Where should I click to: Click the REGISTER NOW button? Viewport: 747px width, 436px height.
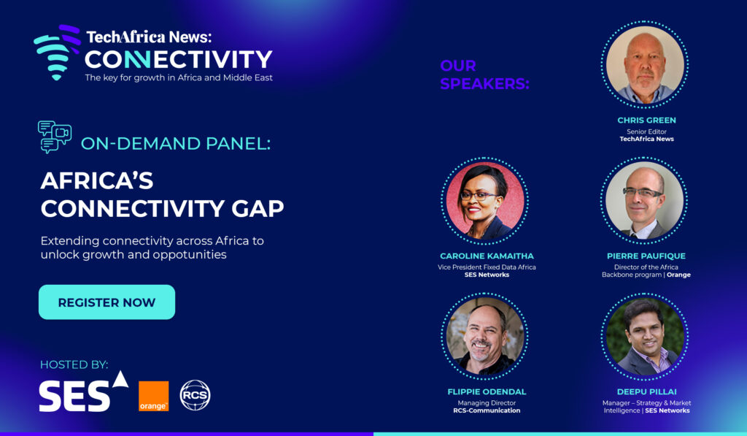pos(107,302)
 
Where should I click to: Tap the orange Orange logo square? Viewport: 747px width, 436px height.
pos(153,396)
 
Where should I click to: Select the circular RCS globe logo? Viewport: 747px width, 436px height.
pos(195,395)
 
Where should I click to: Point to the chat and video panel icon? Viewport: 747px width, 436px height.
pos(54,137)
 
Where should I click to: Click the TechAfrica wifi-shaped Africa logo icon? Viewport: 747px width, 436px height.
pos(57,52)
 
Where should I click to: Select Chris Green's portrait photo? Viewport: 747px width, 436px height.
pos(645,64)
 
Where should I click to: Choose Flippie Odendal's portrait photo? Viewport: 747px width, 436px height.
pos(485,336)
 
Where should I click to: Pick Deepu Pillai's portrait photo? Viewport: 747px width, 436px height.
pos(645,336)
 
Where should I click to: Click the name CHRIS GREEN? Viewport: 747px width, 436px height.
pos(646,121)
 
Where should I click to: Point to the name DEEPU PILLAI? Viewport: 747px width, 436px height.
pos(646,391)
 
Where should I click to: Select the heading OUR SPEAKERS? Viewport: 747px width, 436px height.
pos(484,74)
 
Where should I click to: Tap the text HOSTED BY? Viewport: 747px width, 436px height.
pos(74,365)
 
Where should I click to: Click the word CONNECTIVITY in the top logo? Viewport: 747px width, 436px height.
pos(178,60)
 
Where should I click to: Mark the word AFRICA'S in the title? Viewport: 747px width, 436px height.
pos(97,181)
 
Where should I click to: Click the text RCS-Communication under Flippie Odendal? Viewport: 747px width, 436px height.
pos(487,410)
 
